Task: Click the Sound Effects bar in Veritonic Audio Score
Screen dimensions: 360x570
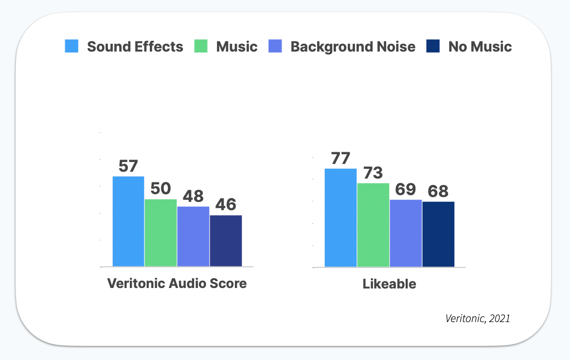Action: pyautogui.click(x=128, y=221)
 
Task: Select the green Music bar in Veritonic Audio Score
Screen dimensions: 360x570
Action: pyautogui.click(x=160, y=233)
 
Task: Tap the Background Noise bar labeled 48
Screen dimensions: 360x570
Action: pyautogui.click(x=193, y=236)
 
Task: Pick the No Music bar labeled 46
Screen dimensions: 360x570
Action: pyautogui.click(x=226, y=241)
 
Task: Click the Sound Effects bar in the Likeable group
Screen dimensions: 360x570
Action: pyautogui.click(x=340, y=217)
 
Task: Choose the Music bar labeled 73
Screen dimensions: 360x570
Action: pyautogui.click(x=373, y=225)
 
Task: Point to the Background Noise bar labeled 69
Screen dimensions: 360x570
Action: pyautogui.click(x=406, y=233)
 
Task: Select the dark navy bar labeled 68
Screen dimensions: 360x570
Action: pyautogui.click(x=438, y=234)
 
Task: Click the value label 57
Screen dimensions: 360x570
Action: pyautogui.click(x=128, y=166)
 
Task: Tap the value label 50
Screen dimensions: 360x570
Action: pyautogui.click(x=160, y=189)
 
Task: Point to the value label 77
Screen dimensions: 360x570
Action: pyautogui.click(x=340, y=159)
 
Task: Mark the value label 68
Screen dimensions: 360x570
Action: pyautogui.click(x=438, y=192)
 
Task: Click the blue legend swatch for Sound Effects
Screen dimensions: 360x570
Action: pyautogui.click(x=71, y=46)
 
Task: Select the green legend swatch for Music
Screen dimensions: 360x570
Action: pyautogui.click(x=201, y=46)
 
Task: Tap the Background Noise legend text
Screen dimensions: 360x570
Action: pyautogui.click(x=353, y=47)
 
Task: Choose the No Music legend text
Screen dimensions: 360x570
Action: pyautogui.click(x=480, y=47)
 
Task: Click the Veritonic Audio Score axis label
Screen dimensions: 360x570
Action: pyautogui.click(x=177, y=283)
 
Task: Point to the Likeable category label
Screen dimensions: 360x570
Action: pyautogui.click(x=389, y=284)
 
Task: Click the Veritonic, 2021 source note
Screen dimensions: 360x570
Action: pyautogui.click(x=478, y=319)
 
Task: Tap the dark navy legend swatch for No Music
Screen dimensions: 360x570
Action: pyautogui.click(x=433, y=46)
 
